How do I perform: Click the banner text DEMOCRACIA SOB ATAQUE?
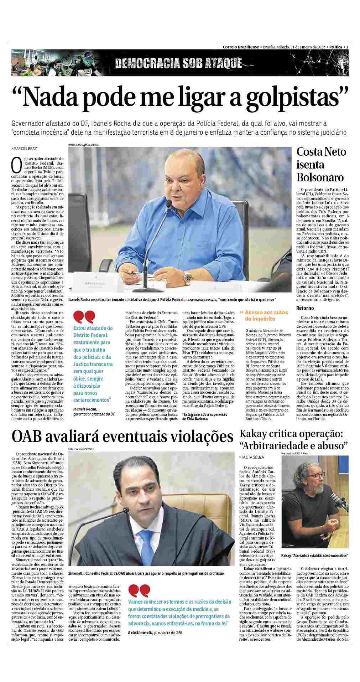pos(178,63)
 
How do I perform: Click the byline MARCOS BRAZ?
pos(25,148)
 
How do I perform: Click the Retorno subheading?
pos(305,308)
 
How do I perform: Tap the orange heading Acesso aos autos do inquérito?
pos(264,316)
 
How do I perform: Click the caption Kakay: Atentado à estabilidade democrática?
pos(314,556)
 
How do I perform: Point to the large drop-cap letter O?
pos(15,164)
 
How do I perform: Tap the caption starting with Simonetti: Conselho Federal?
pos(146,573)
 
